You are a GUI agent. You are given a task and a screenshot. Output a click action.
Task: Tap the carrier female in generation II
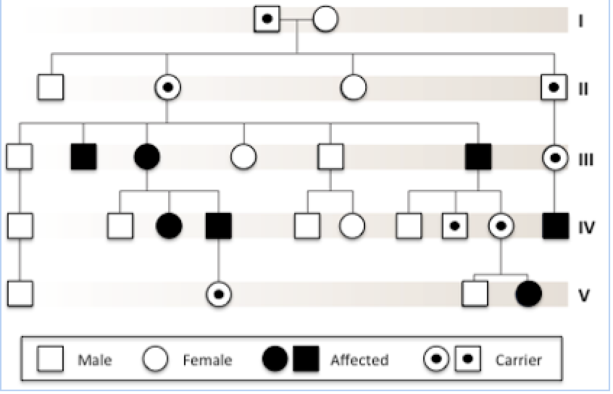(167, 88)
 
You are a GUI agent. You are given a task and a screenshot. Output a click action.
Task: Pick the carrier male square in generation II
(554, 88)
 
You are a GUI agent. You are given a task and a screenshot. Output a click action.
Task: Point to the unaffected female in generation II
(353, 88)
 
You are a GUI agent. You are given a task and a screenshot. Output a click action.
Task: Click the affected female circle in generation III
(146, 156)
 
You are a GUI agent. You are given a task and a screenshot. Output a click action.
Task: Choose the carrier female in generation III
(554, 156)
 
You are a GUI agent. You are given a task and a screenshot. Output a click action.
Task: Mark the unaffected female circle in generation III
(243, 156)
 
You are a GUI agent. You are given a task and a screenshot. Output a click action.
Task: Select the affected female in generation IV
(169, 226)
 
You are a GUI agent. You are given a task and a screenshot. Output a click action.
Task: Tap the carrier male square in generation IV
(455, 226)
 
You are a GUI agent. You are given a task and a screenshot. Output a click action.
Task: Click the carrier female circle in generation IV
(501, 226)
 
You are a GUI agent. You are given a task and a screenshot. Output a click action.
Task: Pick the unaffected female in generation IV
(352, 226)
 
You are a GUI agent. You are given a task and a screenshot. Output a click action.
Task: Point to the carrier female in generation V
(218, 294)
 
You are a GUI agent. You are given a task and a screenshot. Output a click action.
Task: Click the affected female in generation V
(527, 294)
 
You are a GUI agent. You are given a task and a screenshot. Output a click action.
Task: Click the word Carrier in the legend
(518, 360)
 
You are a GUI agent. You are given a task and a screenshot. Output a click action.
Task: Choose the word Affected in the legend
(359, 360)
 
